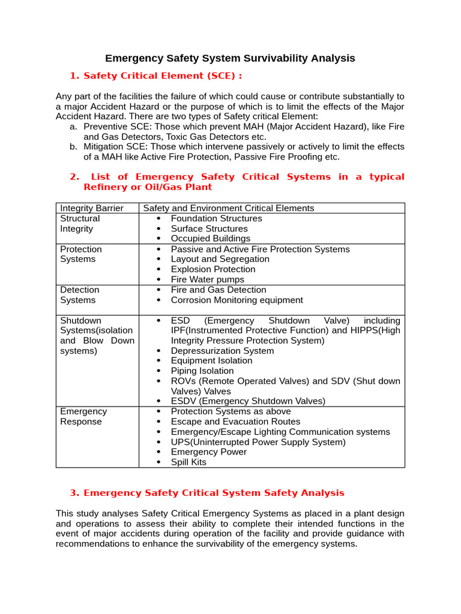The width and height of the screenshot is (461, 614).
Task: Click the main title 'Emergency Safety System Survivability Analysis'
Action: pos(230,58)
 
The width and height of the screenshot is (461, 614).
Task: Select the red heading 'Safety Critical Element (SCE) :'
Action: pos(163,76)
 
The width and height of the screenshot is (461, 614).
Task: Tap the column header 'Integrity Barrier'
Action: pos(92,208)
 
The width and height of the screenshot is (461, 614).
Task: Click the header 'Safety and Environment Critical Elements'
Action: pos(228,208)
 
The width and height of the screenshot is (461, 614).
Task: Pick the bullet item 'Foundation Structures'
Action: pos(216,218)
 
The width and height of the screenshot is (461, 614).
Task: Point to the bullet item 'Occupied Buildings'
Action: pos(210,239)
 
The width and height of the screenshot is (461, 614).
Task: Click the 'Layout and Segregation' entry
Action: pos(220,259)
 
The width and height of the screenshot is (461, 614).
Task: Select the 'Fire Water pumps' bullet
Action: pos(207,279)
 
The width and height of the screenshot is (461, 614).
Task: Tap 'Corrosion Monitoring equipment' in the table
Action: pos(237,300)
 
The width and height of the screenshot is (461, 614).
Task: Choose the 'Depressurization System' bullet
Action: pos(222,351)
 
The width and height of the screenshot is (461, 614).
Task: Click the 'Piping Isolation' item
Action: pos(202,371)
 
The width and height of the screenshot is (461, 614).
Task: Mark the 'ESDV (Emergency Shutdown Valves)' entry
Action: pos(248,401)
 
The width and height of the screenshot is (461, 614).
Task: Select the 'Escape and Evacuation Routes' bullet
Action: pos(235,422)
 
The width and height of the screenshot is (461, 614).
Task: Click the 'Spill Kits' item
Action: pos(188,462)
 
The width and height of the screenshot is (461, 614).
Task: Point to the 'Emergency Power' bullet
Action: pos(208,452)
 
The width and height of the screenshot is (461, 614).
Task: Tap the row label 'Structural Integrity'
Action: pos(80,224)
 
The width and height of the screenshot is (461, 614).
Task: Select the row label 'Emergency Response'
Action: pos(83,417)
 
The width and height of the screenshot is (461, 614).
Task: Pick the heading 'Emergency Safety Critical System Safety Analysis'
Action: pos(214,493)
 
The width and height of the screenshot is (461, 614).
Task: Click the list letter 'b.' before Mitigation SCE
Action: pos(73,147)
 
